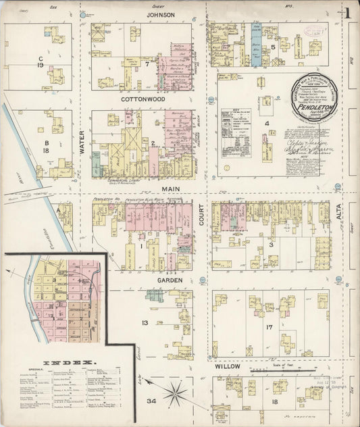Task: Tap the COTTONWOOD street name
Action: tap(144, 99)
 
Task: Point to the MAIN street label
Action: tap(168, 190)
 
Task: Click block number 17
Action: tap(268, 328)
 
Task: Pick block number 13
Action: tap(145, 323)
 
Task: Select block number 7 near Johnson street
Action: tap(147, 64)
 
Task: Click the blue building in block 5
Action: tap(256, 45)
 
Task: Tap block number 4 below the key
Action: tap(267, 124)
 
